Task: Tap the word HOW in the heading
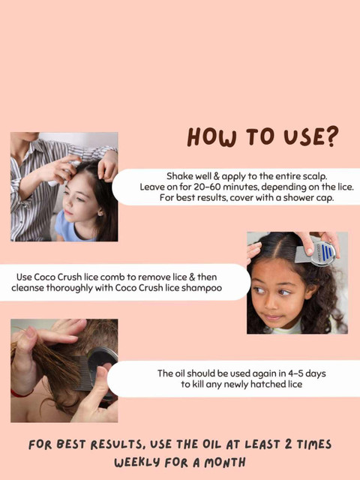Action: point(211,136)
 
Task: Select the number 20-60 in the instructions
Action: point(207,187)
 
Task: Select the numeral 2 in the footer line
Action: point(288,444)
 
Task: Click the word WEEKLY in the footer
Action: point(137,463)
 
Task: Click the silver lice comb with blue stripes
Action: point(315,253)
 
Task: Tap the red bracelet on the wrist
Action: point(22,393)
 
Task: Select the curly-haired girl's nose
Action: point(271,301)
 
